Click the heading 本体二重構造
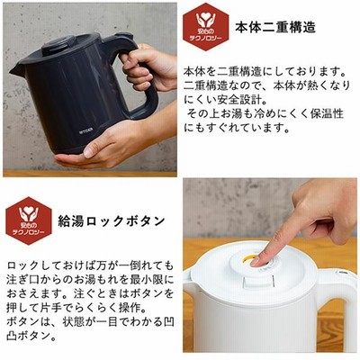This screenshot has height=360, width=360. [275, 27]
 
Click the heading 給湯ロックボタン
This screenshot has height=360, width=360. [112, 221]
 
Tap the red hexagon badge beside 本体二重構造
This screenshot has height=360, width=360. [206, 27]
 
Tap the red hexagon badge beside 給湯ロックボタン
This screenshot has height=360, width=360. [29, 220]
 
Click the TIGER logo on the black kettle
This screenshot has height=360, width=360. [85, 131]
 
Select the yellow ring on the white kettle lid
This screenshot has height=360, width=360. [249, 258]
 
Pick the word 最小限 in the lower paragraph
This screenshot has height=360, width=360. [152, 280]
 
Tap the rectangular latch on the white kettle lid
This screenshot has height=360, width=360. [258, 282]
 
